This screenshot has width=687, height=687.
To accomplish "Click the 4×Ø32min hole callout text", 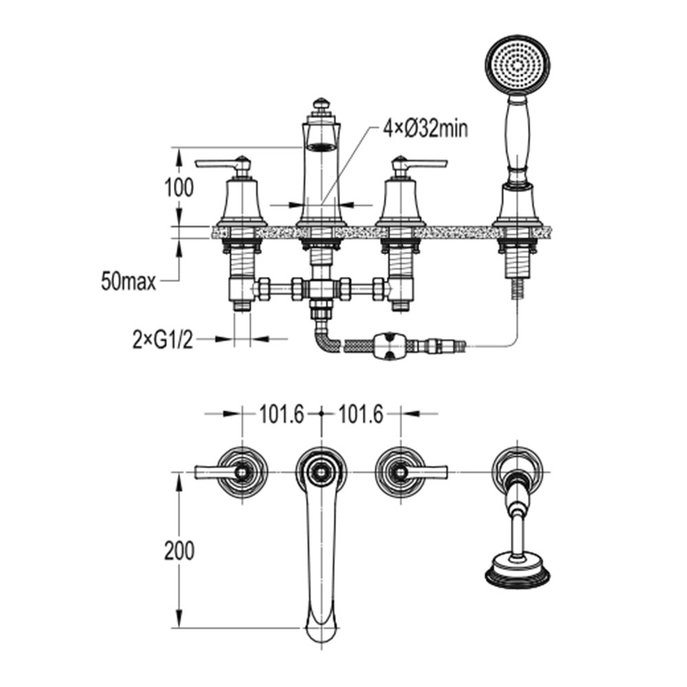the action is pos(425,129).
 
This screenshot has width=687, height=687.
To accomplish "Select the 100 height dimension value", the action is pos(179,188).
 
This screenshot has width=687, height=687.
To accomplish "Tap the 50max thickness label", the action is pos(128,281).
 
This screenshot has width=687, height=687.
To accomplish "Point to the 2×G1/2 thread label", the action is pos(163,339).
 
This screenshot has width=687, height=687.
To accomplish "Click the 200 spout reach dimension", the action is pos(179,550).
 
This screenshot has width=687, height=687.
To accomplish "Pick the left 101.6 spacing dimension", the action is pos(282,414).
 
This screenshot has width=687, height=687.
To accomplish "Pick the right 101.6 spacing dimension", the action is pos(361,414).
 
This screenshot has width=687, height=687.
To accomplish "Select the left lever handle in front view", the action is pos(223,164).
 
